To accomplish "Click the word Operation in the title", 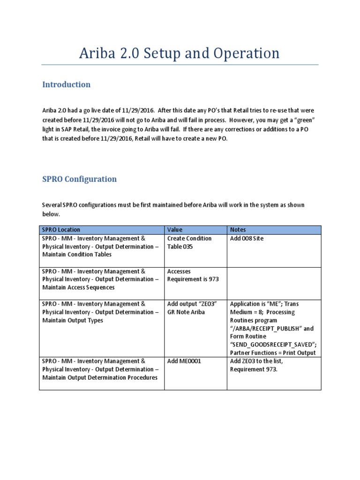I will pos(247,53).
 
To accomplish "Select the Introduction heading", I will pos(66,85).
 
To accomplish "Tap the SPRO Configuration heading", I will pos(79,179).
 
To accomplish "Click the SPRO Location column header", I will pos(61,230).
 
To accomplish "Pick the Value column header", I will pos(175,230).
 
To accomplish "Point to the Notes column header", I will pos(238,230).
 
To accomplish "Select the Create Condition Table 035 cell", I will pos(189,242).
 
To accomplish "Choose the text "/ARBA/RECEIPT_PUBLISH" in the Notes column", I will pos(268,329).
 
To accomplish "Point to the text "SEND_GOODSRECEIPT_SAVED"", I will pos(272,345).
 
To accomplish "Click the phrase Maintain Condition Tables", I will pos(77,255).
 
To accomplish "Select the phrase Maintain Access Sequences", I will pos(78,287).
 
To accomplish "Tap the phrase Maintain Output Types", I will pos(73,320).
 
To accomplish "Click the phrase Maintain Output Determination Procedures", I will pos(100,378).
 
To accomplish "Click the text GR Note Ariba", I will pos(187,312).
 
